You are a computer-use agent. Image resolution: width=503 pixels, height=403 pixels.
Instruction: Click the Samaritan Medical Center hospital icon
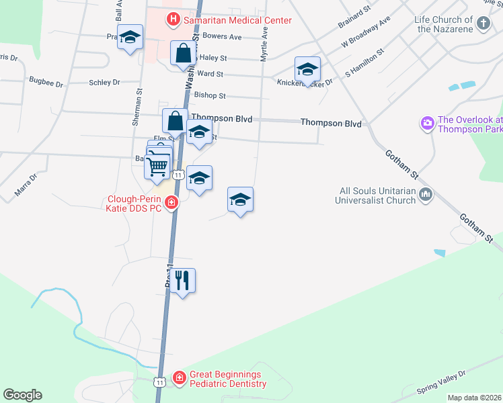click(173, 19)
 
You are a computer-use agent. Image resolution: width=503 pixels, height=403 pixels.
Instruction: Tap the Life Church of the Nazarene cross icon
click(483, 24)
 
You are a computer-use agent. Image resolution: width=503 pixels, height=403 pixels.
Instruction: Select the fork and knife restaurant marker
click(182, 280)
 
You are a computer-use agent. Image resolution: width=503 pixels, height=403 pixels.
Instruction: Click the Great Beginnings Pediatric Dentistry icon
click(180, 379)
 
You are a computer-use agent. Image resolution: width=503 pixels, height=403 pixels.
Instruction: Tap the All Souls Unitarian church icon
click(425, 195)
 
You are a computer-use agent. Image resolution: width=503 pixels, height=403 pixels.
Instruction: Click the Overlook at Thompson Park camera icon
click(426, 124)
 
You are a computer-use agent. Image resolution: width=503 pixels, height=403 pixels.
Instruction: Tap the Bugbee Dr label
click(46, 84)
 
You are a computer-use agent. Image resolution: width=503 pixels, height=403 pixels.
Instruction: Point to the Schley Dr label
click(104, 82)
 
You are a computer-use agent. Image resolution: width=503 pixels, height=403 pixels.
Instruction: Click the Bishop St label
click(210, 96)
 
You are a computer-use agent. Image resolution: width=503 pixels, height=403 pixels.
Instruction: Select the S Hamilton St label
click(364, 61)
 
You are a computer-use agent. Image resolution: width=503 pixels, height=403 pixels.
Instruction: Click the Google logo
click(22, 395)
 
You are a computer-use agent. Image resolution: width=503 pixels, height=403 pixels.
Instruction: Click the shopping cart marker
click(157, 165)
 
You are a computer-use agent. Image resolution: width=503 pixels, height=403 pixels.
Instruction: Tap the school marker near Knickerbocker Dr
click(307, 69)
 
